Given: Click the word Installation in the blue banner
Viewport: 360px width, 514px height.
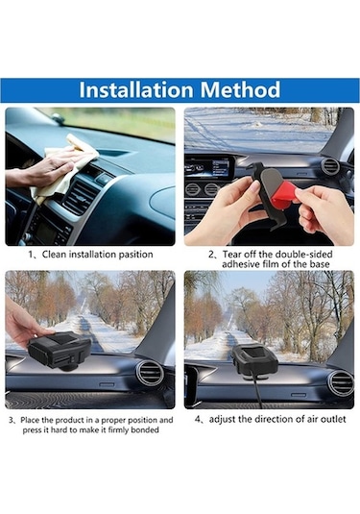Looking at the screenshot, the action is pyautogui.click(x=136, y=89).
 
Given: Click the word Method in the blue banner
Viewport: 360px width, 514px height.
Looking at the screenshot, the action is pyautogui.click(x=240, y=89).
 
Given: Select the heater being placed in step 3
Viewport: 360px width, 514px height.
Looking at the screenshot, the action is pyautogui.click(x=60, y=351).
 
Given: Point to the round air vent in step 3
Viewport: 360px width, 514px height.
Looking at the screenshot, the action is pyautogui.click(x=151, y=373).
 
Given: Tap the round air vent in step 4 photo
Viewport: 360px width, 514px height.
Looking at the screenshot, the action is pyautogui.click(x=341, y=383).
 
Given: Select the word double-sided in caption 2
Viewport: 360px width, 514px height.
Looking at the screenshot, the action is pyautogui.click(x=304, y=254).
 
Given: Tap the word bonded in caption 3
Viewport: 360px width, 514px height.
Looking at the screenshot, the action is pyautogui.click(x=145, y=429).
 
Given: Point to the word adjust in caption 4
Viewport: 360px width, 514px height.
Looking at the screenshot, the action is pyautogui.click(x=221, y=420).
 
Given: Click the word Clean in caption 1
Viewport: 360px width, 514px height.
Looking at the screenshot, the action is pyautogui.click(x=55, y=255).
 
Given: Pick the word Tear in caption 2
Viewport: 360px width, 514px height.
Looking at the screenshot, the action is pyautogui.click(x=232, y=254).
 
